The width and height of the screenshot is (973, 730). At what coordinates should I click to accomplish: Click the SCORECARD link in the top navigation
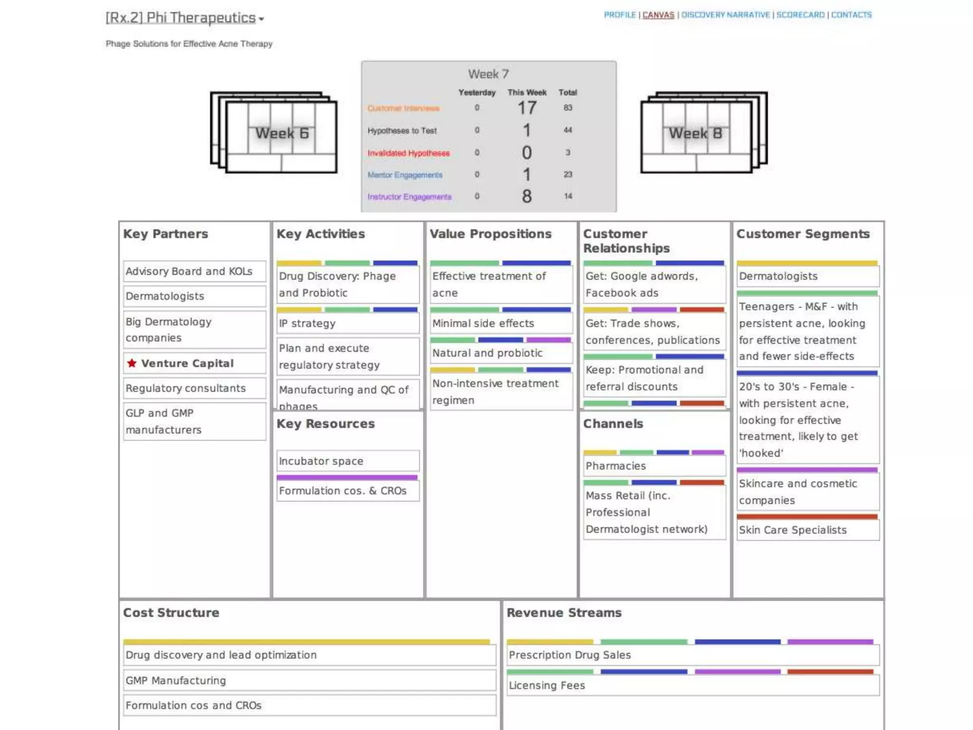click(x=800, y=15)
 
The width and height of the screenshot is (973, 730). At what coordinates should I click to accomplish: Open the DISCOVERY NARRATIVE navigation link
click(x=725, y=15)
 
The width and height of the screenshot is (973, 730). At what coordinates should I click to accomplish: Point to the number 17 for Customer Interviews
click(x=526, y=108)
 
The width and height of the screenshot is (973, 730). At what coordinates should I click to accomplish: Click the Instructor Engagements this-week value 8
click(x=526, y=196)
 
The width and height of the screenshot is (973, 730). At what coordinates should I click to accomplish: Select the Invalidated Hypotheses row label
click(x=408, y=153)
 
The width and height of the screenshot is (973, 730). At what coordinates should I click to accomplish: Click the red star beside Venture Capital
click(x=132, y=363)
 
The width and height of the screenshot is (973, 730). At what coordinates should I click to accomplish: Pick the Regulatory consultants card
click(x=194, y=388)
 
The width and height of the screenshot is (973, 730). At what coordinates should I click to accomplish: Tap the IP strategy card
click(x=347, y=323)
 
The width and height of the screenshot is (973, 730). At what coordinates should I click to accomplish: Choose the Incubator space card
click(x=347, y=461)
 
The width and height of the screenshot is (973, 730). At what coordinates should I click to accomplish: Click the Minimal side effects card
click(x=501, y=323)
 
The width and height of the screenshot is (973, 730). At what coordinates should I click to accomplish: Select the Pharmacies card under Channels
click(x=654, y=466)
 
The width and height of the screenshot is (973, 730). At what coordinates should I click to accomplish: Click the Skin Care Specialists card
click(x=807, y=530)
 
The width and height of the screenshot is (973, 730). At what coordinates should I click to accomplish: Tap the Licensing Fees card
click(x=693, y=685)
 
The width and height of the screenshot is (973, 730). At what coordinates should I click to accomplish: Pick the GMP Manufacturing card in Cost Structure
click(x=309, y=681)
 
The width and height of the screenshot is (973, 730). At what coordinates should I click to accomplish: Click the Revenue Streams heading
click(x=564, y=613)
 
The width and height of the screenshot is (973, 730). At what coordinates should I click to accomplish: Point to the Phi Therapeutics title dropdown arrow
click(x=261, y=19)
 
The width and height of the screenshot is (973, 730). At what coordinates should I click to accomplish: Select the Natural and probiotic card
click(x=501, y=353)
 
